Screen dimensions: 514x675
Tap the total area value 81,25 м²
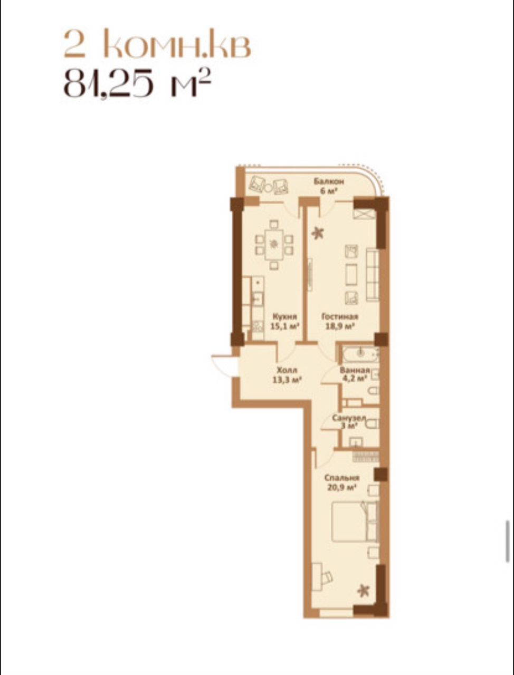(137, 83)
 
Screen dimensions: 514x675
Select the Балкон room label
(329, 181)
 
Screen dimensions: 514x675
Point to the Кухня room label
(285, 316)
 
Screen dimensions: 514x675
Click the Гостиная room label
(340, 316)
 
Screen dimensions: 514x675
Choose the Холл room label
(287, 370)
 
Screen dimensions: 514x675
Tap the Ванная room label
(354, 371)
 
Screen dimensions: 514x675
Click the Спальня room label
(342, 478)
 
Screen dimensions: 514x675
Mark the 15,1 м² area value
(285, 326)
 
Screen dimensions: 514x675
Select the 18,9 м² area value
(340, 326)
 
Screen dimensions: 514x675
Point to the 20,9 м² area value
(342, 488)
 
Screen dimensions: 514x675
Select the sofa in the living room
(373, 275)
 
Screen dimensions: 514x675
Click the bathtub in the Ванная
(360, 354)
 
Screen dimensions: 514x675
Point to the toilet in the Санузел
(372, 425)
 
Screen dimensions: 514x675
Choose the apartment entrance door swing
(225, 365)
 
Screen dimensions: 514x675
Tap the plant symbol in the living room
(318, 233)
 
